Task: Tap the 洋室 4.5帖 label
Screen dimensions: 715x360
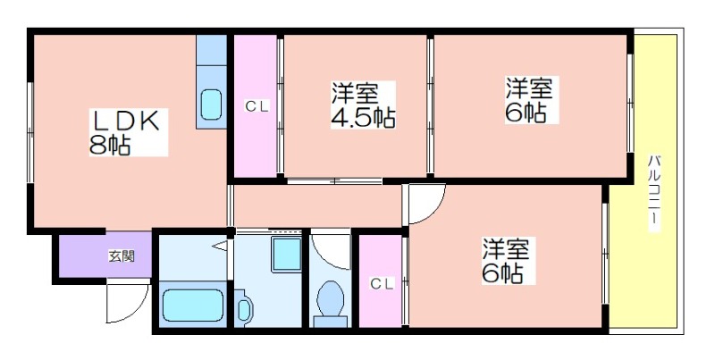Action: tap(363, 105)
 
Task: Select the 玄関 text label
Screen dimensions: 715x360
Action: tap(122, 256)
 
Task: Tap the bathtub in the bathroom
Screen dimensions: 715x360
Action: tap(193, 304)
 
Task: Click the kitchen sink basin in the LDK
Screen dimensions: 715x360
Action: tap(211, 105)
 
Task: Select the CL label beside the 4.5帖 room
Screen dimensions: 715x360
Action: tap(257, 106)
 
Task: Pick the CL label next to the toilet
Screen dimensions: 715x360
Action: tap(382, 284)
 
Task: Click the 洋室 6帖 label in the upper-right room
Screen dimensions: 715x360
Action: tap(529, 100)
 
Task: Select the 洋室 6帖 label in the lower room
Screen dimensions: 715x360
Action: tap(506, 261)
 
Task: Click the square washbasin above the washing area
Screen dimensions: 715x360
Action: tap(286, 254)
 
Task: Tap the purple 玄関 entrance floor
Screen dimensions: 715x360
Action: tap(105, 255)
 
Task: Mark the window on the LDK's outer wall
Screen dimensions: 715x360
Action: tap(29, 133)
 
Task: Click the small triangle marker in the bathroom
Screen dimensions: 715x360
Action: tap(220, 247)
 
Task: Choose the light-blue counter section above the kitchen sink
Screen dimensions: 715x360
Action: tap(212, 50)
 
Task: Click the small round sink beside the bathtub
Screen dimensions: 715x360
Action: tap(244, 308)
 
